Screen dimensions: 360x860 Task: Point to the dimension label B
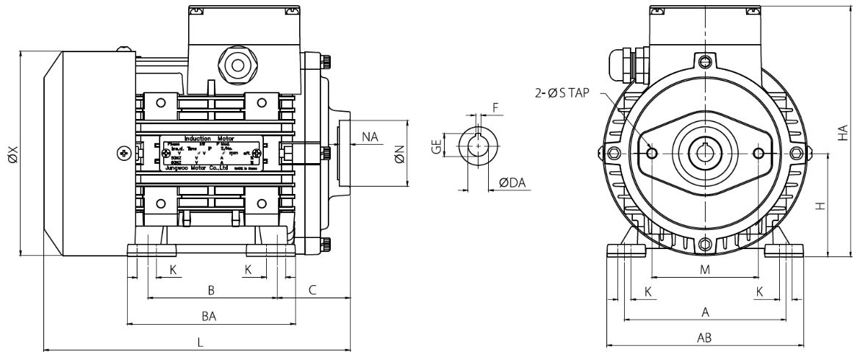pyautogui.click(x=211, y=290)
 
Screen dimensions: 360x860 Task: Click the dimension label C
pyautogui.click(x=312, y=290)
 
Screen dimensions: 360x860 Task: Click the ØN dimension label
pyautogui.click(x=400, y=155)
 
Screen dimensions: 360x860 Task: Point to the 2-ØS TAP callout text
pyautogui.click(x=565, y=93)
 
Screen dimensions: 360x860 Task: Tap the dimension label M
pyautogui.click(x=704, y=270)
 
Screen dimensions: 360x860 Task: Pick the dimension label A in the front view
pyautogui.click(x=704, y=312)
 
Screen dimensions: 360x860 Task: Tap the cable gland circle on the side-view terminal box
pyautogui.click(x=237, y=65)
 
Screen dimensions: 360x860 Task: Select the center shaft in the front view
pyautogui.click(x=705, y=153)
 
